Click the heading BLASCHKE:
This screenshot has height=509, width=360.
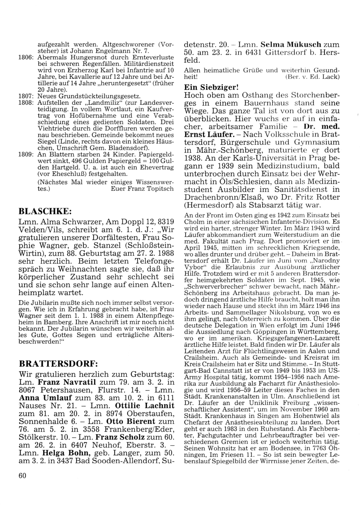(44, 210)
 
